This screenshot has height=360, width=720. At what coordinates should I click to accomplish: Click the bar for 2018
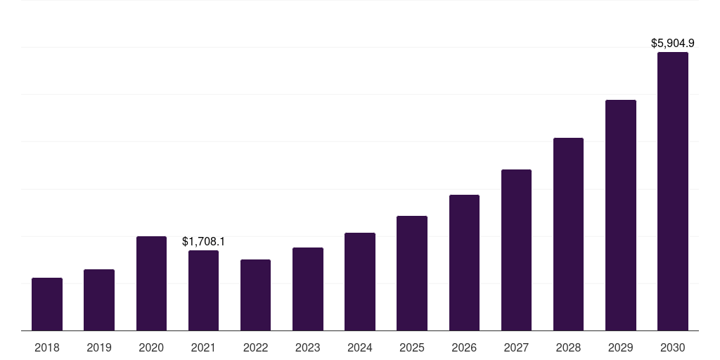coord(47,304)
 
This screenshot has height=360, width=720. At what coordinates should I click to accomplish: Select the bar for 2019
coord(99,300)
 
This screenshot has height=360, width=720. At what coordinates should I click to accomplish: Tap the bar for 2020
coord(151,283)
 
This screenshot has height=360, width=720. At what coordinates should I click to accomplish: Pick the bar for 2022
coord(255,295)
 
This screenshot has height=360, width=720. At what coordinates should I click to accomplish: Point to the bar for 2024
coord(360,281)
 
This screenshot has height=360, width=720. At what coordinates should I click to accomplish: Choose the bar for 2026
coord(464,262)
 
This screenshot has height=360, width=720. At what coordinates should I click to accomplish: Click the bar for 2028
coord(568,234)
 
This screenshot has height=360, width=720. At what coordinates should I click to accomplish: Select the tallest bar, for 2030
coord(672,191)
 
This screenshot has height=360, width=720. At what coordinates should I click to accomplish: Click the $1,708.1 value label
coord(203,241)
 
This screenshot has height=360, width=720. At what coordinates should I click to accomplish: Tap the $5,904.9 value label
coord(672,43)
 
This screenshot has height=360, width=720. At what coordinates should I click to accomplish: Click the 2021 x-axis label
coord(203,347)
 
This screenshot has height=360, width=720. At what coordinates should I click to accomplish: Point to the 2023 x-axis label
coord(307,347)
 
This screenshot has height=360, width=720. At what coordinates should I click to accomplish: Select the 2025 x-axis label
coord(412,347)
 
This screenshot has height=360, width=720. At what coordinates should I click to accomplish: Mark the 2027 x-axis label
coord(516,347)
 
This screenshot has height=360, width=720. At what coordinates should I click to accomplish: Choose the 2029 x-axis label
coord(620,347)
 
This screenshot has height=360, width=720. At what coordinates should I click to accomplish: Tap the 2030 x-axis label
coord(672,347)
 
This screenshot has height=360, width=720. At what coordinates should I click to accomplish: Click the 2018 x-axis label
coord(47,347)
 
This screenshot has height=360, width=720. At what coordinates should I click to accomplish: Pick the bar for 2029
coord(620,215)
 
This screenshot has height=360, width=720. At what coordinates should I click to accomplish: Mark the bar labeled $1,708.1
coord(203,290)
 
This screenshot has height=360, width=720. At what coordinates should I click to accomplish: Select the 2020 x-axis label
coord(151,347)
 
